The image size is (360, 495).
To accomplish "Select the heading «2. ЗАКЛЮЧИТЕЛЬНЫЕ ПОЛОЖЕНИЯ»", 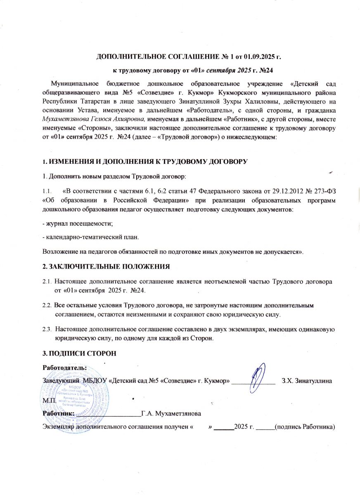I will pos(107,266).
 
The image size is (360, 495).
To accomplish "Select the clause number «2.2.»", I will pos(47,306).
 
